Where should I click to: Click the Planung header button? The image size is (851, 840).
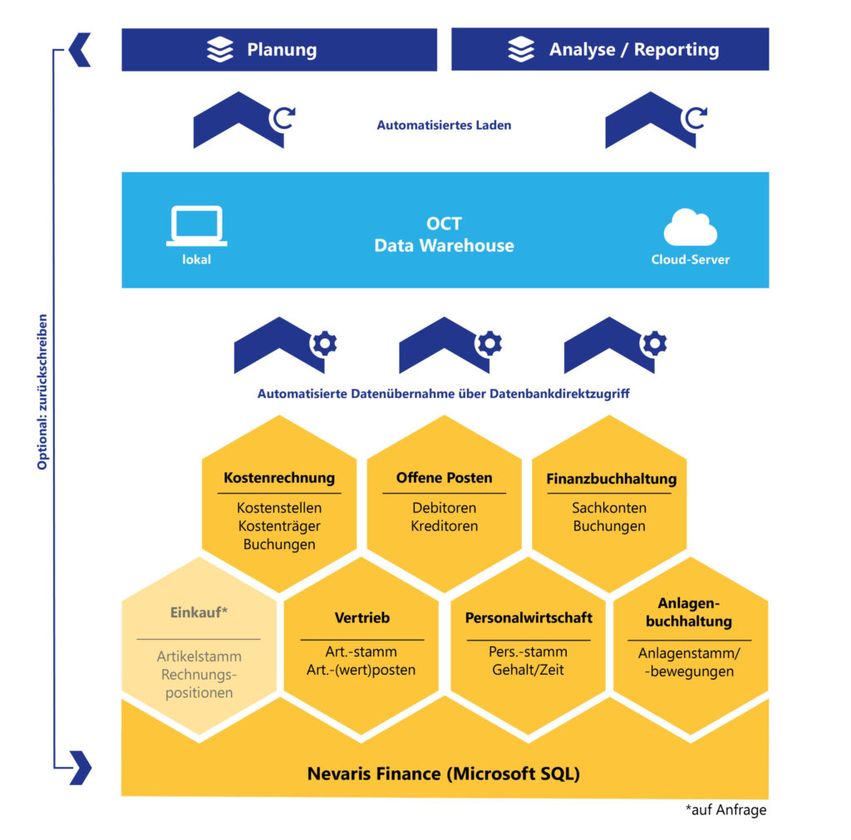coord(279,50)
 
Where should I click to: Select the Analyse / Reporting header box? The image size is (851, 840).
coord(610,50)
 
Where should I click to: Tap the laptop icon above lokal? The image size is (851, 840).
coord(196,226)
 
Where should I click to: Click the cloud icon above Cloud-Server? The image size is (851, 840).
coord(690,228)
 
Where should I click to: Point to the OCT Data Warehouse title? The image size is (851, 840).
coord(444,235)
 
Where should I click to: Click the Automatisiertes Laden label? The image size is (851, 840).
coord(444,125)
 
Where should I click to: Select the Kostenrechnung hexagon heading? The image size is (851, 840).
coord(279,478)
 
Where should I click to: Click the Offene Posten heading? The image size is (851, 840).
coord(444,478)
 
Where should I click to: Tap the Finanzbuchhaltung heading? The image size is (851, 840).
coord(611,479)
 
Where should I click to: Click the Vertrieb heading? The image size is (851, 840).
coord(362,618)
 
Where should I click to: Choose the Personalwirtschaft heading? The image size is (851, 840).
coord(529,618)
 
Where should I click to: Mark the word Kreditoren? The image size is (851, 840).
coord(444,526)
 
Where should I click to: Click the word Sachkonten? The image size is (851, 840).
coord(609,508)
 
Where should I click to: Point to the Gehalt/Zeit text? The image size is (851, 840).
coord(529,670)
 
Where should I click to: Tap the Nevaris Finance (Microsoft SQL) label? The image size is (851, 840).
coord(444,774)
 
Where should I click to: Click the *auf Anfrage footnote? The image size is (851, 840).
coord(726,810)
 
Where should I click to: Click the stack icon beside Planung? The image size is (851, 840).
coord(220,50)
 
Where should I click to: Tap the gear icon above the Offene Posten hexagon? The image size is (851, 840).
coord(488,343)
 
